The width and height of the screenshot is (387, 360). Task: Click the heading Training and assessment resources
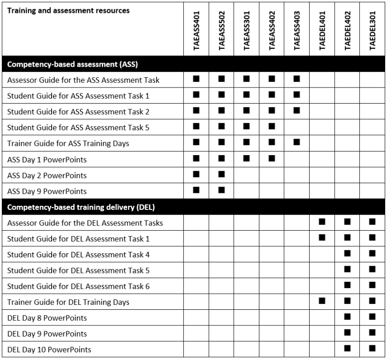point(69,11)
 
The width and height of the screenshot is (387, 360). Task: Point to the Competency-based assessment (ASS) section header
point(73,64)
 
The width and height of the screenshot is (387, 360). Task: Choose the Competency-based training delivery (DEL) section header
point(83,207)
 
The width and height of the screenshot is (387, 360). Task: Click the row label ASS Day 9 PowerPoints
point(47,191)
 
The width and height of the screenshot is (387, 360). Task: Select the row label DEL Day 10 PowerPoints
point(49,349)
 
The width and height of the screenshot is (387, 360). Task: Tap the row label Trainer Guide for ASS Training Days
point(68,143)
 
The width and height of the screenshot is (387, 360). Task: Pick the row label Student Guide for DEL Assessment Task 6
point(78,286)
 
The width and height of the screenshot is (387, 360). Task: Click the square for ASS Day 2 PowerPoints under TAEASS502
point(222,174)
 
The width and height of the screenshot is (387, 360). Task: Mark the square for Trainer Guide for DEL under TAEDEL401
point(322,302)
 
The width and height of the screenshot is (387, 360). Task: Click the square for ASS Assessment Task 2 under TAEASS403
point(297,111)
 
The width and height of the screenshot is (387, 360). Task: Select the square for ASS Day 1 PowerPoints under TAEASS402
point(272,158)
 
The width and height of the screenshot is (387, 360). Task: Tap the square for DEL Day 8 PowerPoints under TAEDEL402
point(347,317)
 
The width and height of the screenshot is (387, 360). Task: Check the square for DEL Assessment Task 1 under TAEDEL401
point(322,238)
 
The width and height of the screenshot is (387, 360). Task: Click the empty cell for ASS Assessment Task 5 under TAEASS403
point(297,127)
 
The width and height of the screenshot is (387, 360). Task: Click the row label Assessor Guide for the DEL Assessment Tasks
point(85,223)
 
